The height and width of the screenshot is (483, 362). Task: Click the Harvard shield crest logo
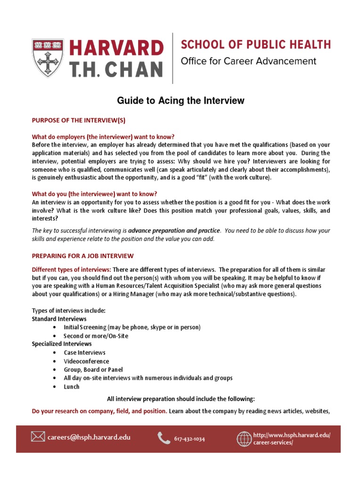(x=48, y=58)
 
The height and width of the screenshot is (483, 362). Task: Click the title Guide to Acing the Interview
(x=181, y=100)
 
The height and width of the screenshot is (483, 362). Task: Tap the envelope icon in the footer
(x=38, y=437)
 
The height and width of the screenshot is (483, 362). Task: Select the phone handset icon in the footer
(x=164, y=438)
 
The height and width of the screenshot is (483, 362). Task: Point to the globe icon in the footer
(x=244, y=439)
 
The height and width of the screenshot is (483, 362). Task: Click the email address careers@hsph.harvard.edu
(x=89, y=437)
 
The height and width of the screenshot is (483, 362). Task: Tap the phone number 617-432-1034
(x=189, y=439)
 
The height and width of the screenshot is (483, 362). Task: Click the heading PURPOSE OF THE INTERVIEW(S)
(x=78, y=120)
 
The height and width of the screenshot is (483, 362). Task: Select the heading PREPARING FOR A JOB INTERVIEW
(x=82, y=256)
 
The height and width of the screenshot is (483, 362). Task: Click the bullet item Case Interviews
(x=84, y=353)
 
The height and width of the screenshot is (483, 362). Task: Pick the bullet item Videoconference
(x=86, y=361)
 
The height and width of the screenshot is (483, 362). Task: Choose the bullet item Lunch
(x=72, y=387)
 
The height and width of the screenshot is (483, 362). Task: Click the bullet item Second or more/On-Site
(x=96, y=336)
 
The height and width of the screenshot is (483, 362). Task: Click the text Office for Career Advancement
(x=248, y=61)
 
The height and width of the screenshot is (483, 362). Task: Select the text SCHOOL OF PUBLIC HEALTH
(x=256, y=45)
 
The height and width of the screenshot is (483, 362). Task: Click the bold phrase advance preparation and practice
(x=174, y=231)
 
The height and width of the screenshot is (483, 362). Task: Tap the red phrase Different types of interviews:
(x=71, y=269)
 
